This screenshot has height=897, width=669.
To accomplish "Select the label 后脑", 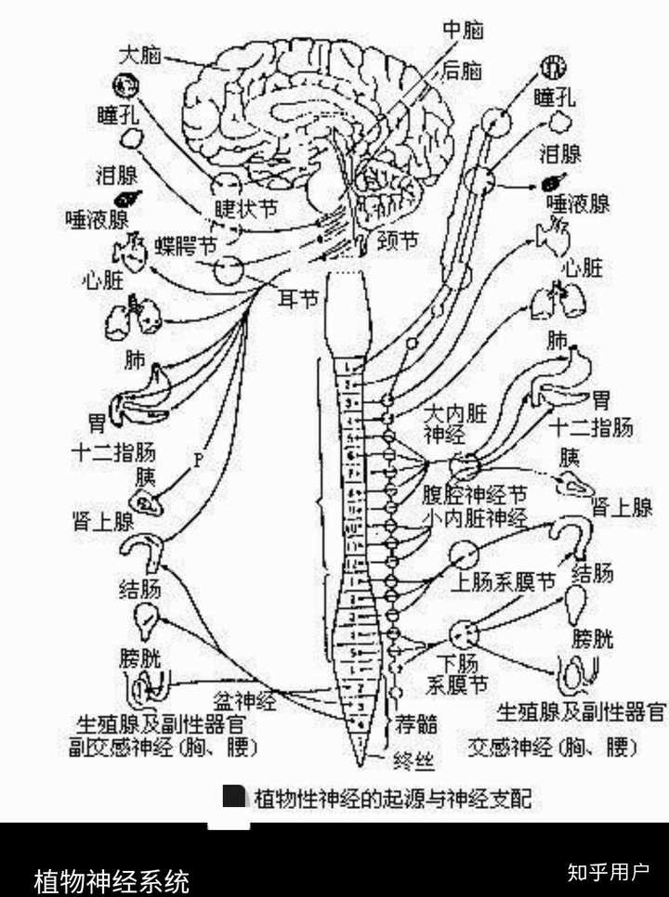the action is coord(462,69).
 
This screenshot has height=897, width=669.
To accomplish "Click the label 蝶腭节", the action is coord(186,245).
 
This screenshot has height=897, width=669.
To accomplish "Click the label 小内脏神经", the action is coord(475,516).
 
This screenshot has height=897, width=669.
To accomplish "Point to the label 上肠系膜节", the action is coord(503,582).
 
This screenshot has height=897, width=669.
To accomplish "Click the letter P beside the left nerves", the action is coord(198,458).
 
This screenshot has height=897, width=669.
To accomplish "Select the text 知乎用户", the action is coord(609,872).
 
